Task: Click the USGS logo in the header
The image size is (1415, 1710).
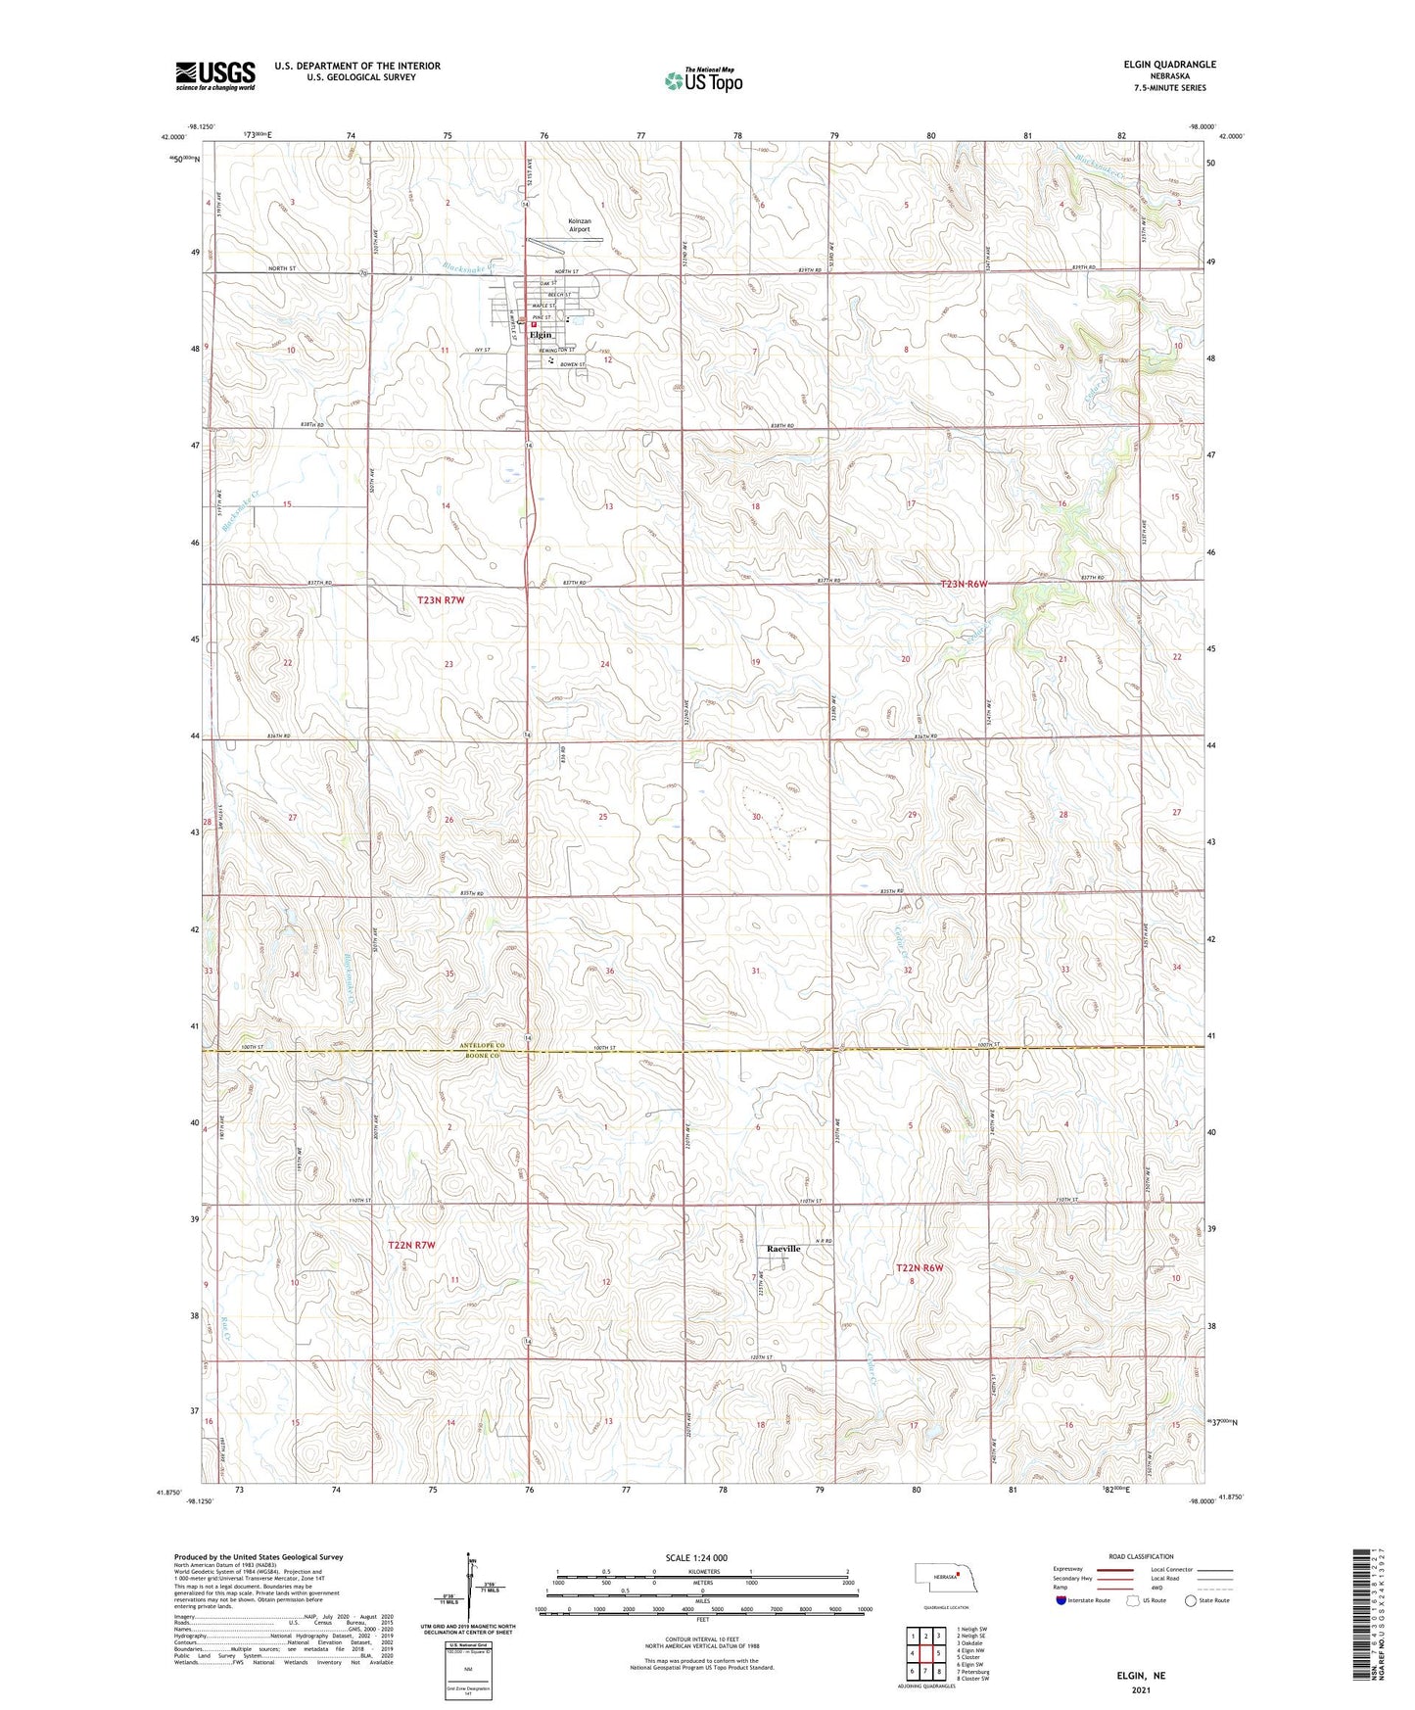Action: coord(215,75)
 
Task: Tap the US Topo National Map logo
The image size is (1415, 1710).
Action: coord(702,80)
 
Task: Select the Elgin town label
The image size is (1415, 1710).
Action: coord(541,335)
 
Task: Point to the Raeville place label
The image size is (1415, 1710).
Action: coord(783,1249)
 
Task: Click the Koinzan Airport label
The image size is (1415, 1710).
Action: coord(579,225)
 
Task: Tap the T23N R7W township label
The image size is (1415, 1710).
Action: coord(442,599)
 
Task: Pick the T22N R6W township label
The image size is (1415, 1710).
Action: coord(920,1267)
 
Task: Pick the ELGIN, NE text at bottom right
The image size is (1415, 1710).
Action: coord(1141,1676)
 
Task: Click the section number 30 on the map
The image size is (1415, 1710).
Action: coord(756,817)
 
